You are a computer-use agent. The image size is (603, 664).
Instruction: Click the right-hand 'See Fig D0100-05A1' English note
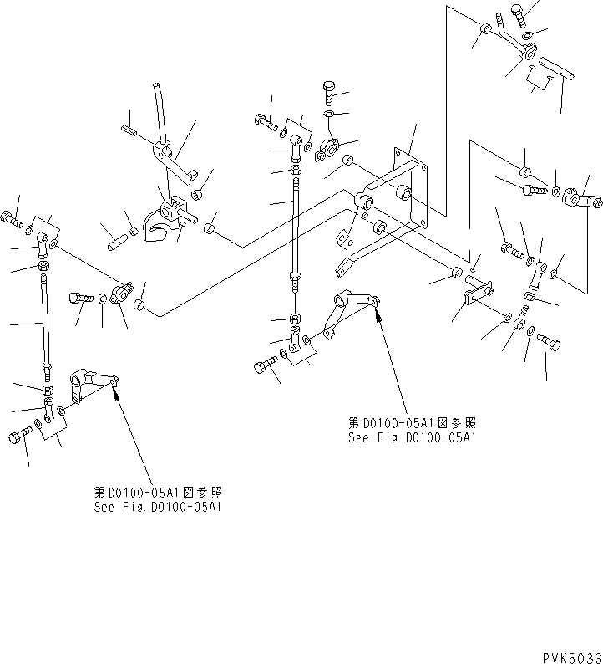[413, 437]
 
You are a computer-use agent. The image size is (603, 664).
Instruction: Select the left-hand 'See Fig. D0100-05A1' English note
[158, 507]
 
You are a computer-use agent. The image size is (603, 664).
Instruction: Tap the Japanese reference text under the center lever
[413, 423]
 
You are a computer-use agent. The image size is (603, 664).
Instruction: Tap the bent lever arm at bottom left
[90, 386]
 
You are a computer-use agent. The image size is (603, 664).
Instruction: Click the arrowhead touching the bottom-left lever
[114, 386]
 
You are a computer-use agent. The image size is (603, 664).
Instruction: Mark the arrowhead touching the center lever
[378, 314]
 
